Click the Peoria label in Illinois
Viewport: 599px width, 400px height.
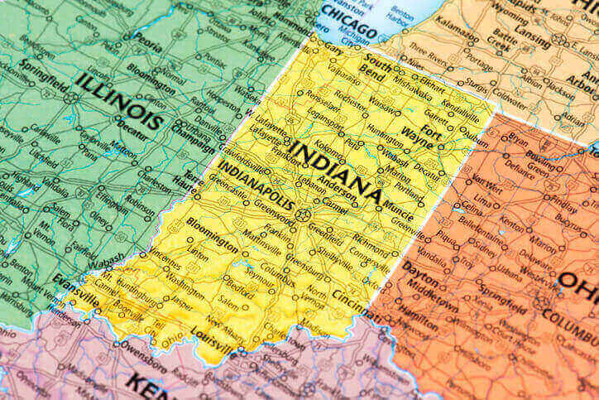146,37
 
